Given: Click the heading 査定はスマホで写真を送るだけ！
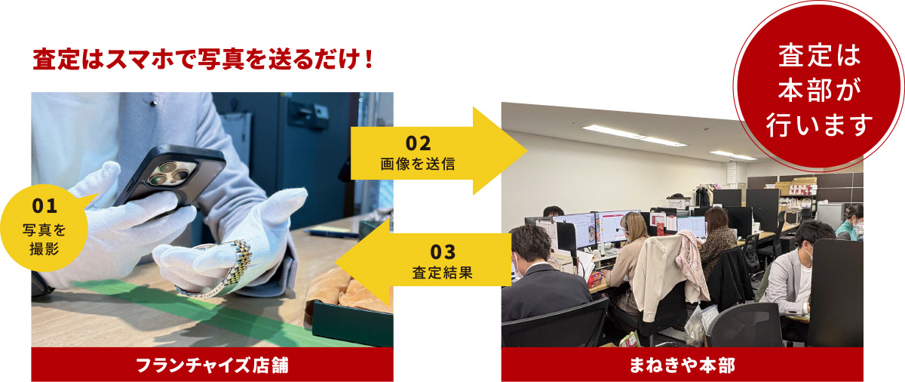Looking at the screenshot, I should [x=203, y=60].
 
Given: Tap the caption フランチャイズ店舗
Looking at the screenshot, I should [x=212, y=365].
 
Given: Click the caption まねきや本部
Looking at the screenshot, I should [x=682, y=365].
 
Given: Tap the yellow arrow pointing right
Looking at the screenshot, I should [x=437, y=151].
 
